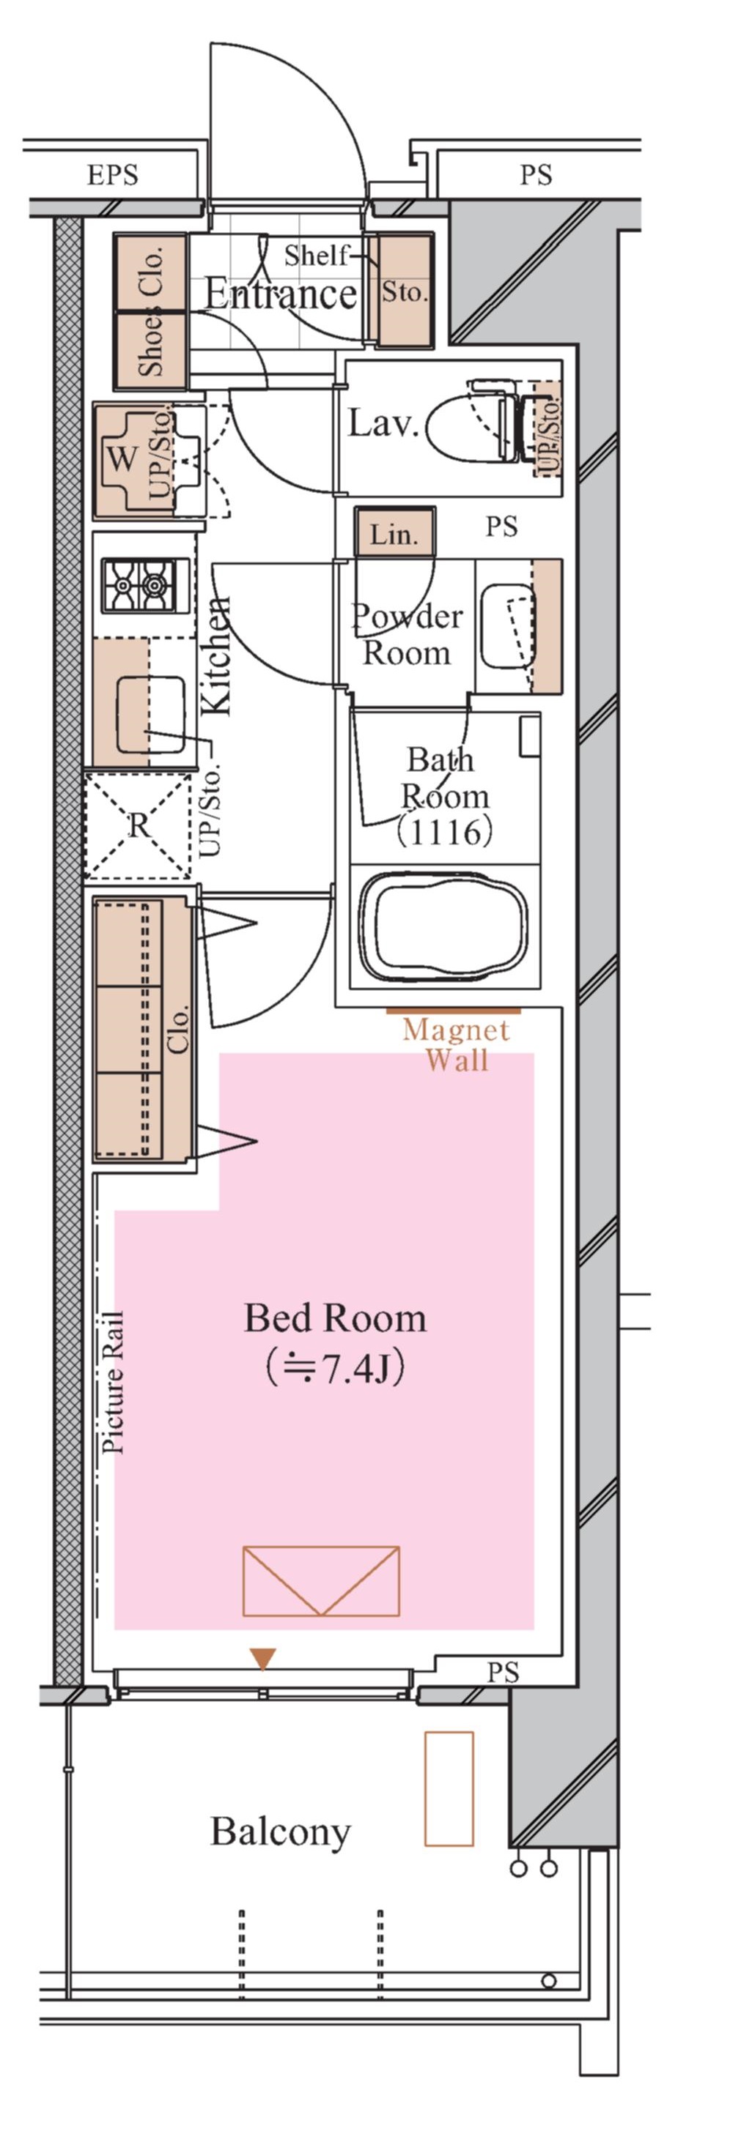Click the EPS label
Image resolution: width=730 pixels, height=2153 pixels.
pyautogui.click(x=112, y=176)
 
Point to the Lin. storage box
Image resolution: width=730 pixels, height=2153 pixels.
pyautogui.click(x=394, y=532)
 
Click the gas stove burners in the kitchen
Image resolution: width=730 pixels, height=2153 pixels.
pyautogui.click(x=140, y=584)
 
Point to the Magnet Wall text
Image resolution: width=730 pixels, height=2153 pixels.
pyautogui.click(x=457, y=1045)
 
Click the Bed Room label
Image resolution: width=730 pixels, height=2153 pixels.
pyautogui.click(x=335, y=1318)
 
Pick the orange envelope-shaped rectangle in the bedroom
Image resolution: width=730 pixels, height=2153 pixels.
pyautogui.click(x=321, y=1580)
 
